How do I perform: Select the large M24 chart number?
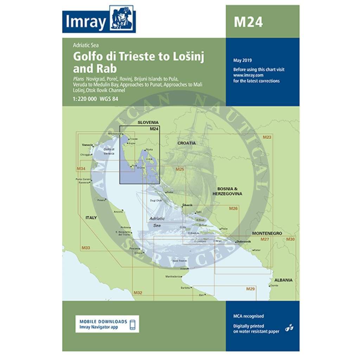click(x=248, y=22)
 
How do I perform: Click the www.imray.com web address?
click(x=248, y=75)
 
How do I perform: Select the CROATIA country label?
click(x=186, y=143)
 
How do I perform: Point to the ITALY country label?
click(x=91, y=218)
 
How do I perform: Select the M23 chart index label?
click(x=267, y=137)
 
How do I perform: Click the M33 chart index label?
click(x=85, y=248)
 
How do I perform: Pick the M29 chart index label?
click(x=250, y=289)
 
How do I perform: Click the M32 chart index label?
click(x=137, y=292)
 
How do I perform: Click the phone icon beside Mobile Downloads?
click(x=133, y=324)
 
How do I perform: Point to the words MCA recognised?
click(x=248, y=316)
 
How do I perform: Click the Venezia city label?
click(x=86, y=145)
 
